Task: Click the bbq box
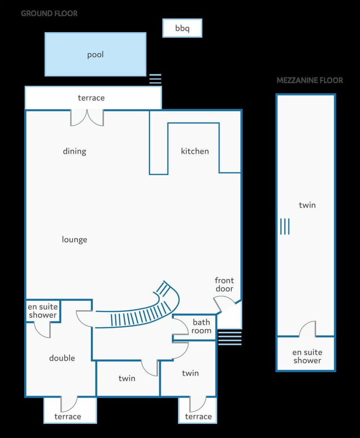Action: tap(182, 28)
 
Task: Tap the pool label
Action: tap(95, 55)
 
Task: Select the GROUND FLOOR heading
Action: tap(49, 14)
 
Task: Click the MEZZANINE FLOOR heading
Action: tap(309, 80)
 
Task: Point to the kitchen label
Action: tap(195, 151)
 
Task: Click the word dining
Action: tap(74, 151)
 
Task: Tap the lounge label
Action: tap(74, 239)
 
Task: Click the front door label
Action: tap(224, 284)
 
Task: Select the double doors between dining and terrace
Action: tap(87, 117)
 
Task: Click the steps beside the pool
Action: tap(155, 79)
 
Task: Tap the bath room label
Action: tap(201, 327)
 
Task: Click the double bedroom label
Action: tap(62, 358)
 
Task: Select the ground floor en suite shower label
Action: tap(43, 311)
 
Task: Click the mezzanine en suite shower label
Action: tap(307, 356)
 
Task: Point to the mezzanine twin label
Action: tap(307, 205)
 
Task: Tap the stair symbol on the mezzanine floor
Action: tap(285, 227)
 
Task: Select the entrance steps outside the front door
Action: tap(229, 337)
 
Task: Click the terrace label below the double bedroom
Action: tap(67, 416)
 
